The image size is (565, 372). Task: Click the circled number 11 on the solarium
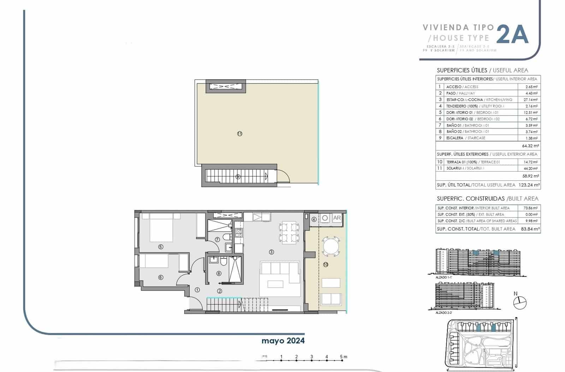(x=240, y=134)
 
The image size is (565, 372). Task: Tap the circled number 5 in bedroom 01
(x=161, y=247)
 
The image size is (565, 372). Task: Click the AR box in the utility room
(x=337, y=218)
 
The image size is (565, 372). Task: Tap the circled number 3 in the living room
(x=271, y=252)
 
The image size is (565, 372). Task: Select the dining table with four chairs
(x=289, y=233)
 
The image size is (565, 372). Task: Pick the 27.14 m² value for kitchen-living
(x=530, y=100)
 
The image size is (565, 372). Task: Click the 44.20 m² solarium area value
(x=530, y=169)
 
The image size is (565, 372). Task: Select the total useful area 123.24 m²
(x=529, y=185)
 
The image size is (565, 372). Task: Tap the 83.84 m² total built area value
(x=530, y=229)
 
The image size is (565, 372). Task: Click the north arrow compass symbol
(x=519, y=302)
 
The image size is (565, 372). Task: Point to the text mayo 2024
(x=283, y=341)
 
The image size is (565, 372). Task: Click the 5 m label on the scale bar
(x=343, y=356)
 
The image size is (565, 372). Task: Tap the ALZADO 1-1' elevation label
(x=444, y=278)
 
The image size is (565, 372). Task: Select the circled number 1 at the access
(x=197, y=290)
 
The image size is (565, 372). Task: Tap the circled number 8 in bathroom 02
(x=219, y=273)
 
